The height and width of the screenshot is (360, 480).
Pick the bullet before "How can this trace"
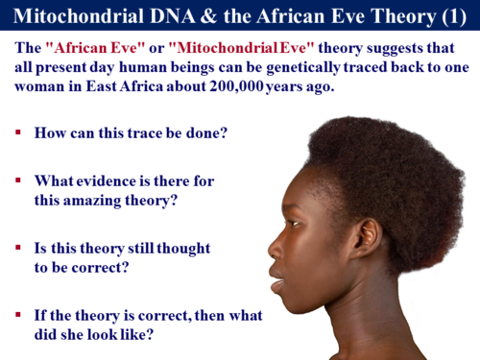(18, 132)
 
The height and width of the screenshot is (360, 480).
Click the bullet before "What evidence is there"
(18, 180)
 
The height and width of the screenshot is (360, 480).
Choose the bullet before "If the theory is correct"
(18, 314)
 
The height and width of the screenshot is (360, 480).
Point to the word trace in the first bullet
(156, 132)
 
